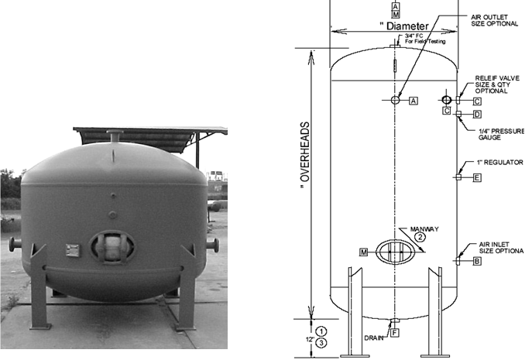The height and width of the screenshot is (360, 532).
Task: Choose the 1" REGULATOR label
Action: (500, 163)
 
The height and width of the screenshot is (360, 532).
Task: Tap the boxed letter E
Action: (477, 178)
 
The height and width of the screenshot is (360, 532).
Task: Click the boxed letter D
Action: (477, 115)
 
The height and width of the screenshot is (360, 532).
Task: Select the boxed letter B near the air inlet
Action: (477, 262)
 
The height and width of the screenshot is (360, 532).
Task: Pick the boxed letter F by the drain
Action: (394, 333)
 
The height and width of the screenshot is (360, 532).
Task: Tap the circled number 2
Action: (420, 238)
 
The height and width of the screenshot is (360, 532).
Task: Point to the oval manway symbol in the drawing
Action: (395, 252)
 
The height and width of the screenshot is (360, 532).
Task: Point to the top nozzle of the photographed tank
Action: (115, 136)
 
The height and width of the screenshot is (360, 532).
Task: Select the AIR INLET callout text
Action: (499, 247)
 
